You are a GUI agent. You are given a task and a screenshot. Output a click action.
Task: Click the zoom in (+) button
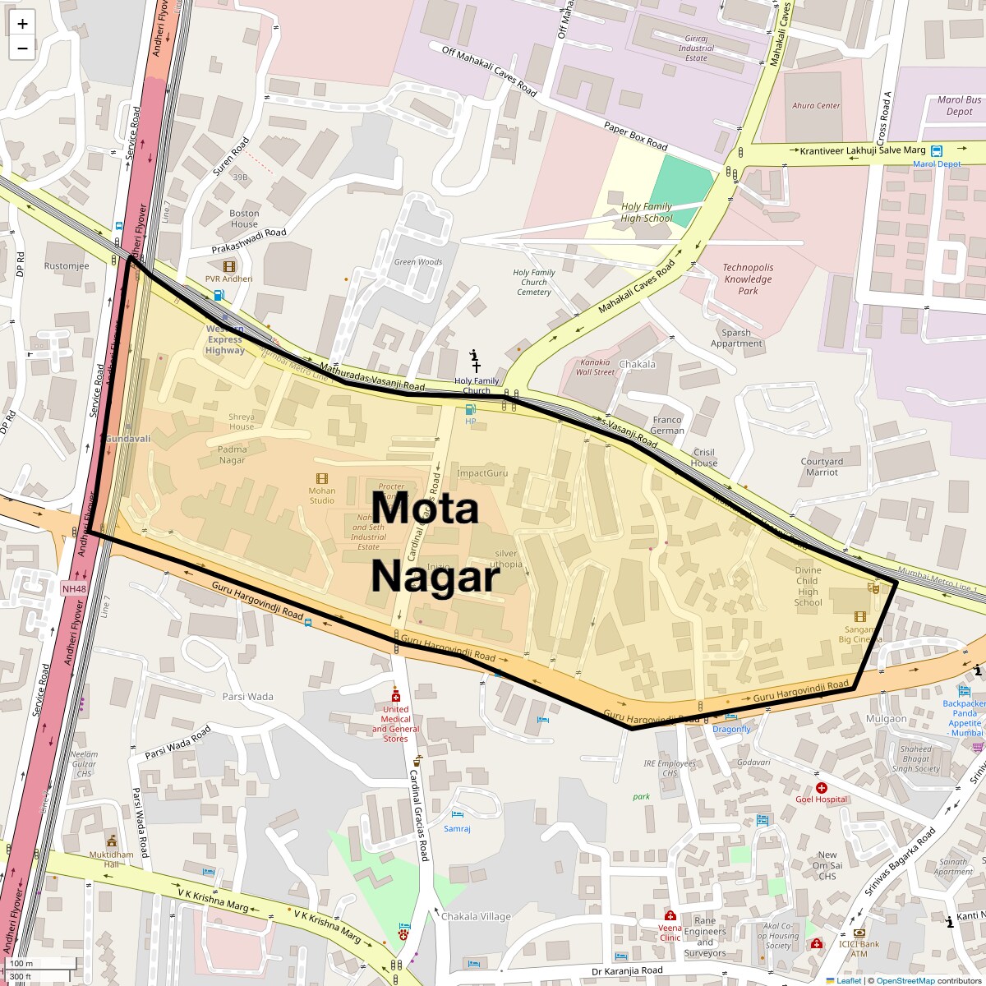coord(22,24)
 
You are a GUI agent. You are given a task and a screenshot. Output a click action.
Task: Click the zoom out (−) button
coord(22,48)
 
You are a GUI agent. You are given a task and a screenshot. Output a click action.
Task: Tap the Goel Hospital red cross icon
coord(821,788)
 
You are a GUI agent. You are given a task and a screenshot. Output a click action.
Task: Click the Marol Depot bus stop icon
coord(937,150)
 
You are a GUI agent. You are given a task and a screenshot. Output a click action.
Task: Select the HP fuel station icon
coord(470,409)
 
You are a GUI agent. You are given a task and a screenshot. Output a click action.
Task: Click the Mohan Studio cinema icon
coord(321,478)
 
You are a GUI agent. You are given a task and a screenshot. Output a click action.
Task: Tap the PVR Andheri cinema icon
coord(228,266)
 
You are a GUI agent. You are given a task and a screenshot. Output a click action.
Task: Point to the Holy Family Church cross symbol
coord(476,366)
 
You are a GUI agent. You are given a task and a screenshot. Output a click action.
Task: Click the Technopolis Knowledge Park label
coord(748,279)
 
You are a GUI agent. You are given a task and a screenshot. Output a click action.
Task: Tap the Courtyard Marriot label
coord(822,467)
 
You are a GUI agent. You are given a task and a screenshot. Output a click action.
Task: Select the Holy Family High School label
coord(647,213)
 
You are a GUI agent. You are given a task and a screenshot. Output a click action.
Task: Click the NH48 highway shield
coord(73,588)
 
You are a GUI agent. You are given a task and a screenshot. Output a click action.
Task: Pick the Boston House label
coord(244,219)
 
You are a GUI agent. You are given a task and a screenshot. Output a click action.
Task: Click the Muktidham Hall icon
coord(112,841)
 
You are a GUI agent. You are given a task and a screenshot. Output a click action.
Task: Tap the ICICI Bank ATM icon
coord(859,933)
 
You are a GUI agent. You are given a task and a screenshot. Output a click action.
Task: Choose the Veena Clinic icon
coord(670,915)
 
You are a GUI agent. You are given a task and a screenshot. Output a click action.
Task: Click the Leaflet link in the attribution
coord(849,980)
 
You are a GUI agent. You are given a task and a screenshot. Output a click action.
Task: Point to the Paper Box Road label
coord(635,136)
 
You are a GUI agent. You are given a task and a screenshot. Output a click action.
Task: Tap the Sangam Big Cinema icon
coord(859,616)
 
